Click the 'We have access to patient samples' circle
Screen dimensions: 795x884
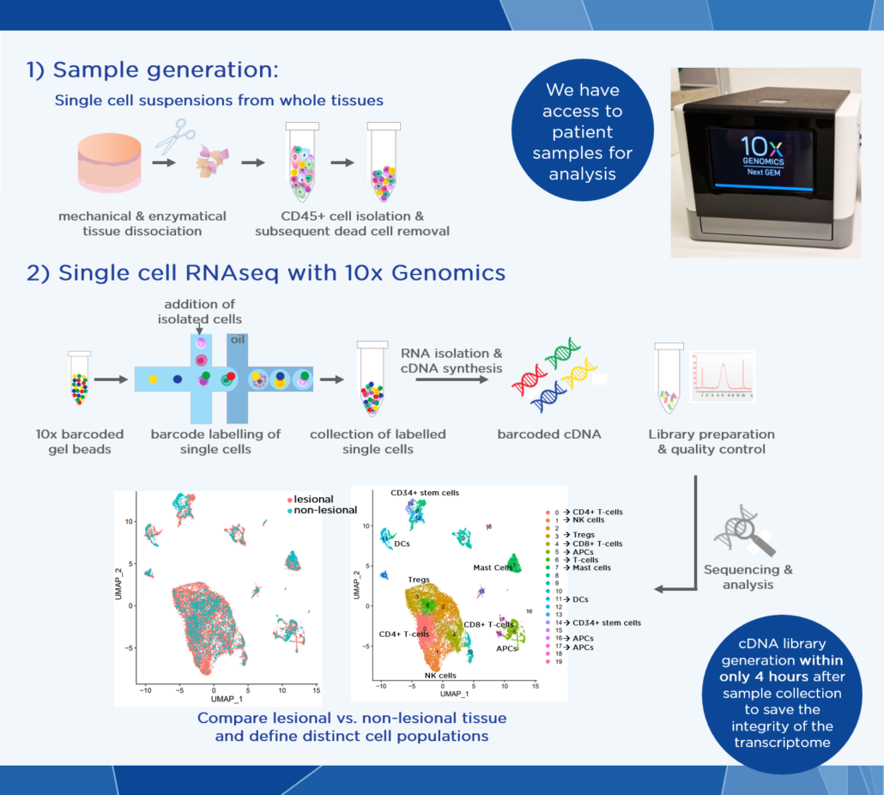click(582, 132)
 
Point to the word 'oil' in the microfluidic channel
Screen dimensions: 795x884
click(237, 340)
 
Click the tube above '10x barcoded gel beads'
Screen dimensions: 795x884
click(80, 379)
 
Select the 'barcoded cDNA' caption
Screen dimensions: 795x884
click(549, 434)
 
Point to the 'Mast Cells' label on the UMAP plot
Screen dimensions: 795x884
click(493, 567)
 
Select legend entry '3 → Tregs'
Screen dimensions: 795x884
click(578, 535)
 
